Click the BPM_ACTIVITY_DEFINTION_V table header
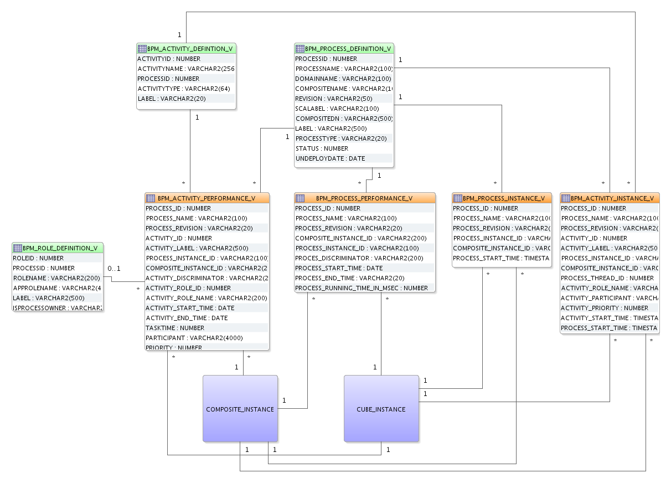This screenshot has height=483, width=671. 187,49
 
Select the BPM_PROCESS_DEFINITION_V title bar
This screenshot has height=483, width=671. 344,49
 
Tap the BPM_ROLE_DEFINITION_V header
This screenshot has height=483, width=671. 58,248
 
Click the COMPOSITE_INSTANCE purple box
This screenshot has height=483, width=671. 240,409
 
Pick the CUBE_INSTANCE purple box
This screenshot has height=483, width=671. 381,409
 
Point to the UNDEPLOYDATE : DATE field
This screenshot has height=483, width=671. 330,158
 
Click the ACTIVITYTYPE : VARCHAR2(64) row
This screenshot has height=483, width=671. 176,89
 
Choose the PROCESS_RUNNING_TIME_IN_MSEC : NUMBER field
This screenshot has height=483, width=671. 361,288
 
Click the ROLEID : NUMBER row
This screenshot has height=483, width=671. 38,258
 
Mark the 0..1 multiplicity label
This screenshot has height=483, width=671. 114,269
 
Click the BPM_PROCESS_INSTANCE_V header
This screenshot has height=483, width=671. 502,198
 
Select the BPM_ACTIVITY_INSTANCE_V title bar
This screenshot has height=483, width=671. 610,198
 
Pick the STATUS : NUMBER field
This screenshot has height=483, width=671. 322,148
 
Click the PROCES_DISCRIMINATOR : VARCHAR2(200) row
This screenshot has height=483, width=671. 359,258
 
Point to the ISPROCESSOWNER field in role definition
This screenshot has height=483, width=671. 58,308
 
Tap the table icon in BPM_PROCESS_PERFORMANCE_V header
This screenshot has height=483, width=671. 300,198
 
